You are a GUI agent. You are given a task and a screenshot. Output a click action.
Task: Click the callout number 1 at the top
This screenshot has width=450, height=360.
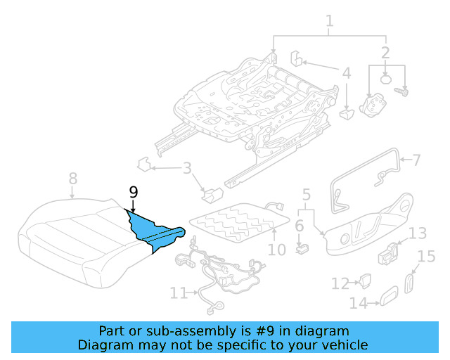329,25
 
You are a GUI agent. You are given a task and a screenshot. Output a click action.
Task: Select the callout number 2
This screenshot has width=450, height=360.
385,52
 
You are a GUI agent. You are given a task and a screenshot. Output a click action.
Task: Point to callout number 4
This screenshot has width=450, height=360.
346,73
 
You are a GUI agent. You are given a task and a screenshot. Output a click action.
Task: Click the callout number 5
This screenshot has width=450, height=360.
306,194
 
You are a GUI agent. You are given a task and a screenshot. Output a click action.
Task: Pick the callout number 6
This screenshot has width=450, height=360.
299,226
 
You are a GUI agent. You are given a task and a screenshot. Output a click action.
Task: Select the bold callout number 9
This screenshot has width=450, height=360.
133,191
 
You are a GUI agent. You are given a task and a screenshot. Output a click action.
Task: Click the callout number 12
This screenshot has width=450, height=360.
340,283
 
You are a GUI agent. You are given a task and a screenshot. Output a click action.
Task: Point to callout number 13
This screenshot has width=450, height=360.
418,233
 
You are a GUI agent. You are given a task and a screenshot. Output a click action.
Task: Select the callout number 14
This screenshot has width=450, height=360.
358,303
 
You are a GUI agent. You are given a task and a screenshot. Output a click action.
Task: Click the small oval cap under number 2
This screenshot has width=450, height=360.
386,80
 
